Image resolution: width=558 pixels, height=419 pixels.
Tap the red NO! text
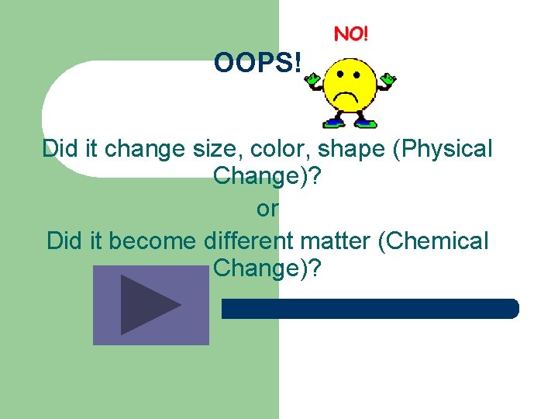coord(351,34)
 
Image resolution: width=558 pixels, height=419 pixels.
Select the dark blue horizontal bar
coord(370,309)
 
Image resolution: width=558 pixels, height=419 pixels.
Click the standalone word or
coord(267,209)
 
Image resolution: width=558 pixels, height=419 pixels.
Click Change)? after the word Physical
coord(267,178)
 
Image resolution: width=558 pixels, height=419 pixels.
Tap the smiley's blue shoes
coord(350,122)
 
